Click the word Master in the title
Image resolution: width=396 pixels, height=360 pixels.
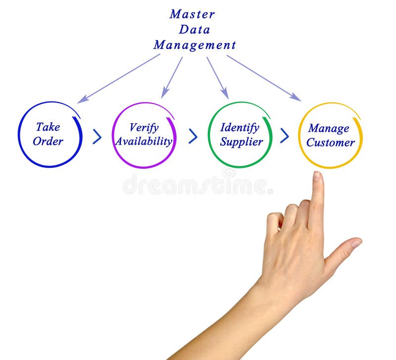(x=192, y=14)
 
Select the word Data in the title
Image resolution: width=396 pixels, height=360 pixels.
(x=195, y=29)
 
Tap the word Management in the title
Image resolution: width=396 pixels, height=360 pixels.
(x=195, y=45)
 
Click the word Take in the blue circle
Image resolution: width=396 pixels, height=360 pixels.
(x=48, y=127)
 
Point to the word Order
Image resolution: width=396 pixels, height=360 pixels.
(x=48, y=141)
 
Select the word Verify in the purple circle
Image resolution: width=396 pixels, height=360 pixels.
(x=144, y=128)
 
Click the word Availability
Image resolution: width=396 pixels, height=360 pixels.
(x=144, y=141)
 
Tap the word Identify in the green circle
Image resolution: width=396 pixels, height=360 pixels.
(x=240, y=128)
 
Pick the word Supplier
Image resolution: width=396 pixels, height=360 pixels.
(x=242, y=142)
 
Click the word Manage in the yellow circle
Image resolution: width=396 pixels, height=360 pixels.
(x=329, y=129)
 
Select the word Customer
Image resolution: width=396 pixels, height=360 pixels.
(x=330, y=143)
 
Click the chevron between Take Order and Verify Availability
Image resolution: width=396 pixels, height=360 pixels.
(x=97, y=137)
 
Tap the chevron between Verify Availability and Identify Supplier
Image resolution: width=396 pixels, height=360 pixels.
(x=193, y=136)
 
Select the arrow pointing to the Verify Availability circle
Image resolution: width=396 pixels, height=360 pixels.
(x=172, y=77)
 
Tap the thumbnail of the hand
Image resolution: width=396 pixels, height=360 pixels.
(x=356, y=243)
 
